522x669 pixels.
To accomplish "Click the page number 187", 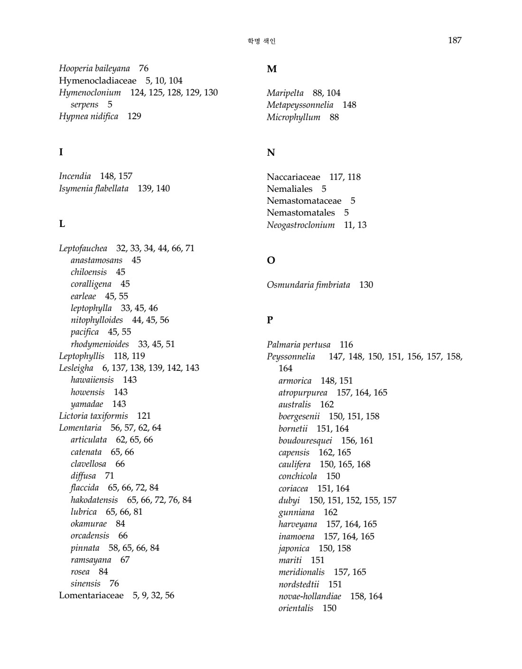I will click(454, 40).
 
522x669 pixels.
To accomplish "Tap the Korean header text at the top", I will click(261, 41).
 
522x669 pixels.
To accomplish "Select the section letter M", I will click(271, 69).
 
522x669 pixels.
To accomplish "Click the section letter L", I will click(62, 224).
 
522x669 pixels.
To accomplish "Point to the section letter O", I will click(271, 261).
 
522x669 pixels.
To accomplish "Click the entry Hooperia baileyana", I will click(94, 68).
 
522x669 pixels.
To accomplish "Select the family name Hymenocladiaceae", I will click(97, 81).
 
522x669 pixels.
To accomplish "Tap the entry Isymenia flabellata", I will click(93, 188).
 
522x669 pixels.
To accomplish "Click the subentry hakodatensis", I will click(94, 499).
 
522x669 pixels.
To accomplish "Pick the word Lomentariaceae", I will click(91, 595).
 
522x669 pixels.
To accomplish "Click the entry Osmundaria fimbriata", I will click(308, 285).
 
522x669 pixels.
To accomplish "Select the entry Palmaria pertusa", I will click(298, 345).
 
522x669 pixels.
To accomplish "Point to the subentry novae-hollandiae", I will click(309, 596).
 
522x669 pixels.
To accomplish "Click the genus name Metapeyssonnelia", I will click(300, 105).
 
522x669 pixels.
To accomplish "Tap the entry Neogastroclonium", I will click(300, 225).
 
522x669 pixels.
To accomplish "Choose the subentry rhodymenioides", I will click(100, 344).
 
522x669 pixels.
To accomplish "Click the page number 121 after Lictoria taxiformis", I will click(144, 416).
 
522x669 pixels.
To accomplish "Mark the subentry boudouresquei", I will click(305, 440).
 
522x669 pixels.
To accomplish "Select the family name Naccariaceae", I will click(293, 177).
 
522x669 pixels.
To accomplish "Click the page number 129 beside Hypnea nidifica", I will click(134, 116).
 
